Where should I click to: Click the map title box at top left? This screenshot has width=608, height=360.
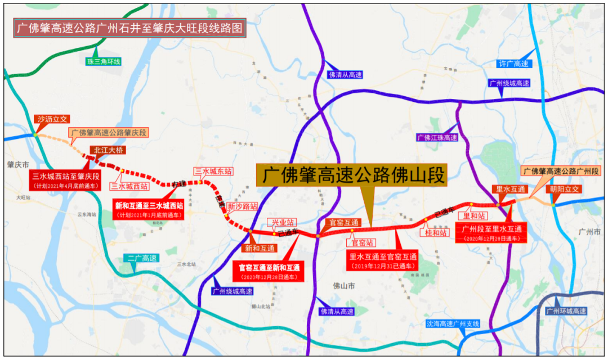[x=131, y=28]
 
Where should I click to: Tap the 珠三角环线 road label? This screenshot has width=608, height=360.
[x=104, y=61]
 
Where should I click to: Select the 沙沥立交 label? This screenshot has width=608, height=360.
[x=52, y=119]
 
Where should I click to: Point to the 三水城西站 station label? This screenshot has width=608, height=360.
[x=129, y=186]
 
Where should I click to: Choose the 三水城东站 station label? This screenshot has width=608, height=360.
[x=213, y=171]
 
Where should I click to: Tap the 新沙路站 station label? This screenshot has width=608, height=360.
[x=243, y=206]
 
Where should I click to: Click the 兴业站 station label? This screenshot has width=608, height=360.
[x=280, y=223]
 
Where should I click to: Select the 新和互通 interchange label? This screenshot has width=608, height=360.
[x=260, y=248]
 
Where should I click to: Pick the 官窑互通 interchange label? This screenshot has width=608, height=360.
[x=342, y=223]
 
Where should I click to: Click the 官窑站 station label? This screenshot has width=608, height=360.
[x=363, y=243]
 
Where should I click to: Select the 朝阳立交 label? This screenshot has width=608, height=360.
[x=565, y=190]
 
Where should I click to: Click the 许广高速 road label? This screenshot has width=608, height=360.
[x=514, y=64]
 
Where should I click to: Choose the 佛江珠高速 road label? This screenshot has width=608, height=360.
[x=437, y=138]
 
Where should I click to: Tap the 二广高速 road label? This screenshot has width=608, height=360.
[x=141, y=259]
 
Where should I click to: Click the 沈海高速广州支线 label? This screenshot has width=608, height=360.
[x=453, y=324]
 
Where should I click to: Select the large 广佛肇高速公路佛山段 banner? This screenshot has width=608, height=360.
[x=352, y=175]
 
